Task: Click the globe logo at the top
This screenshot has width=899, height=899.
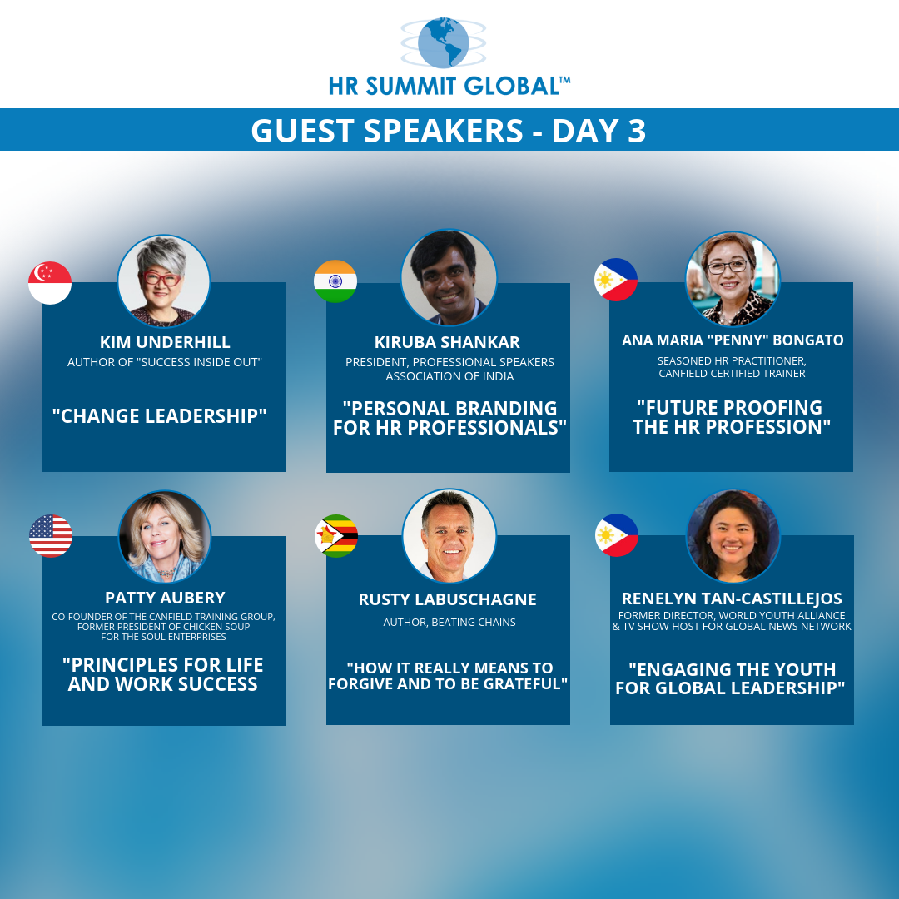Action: coord(443,43)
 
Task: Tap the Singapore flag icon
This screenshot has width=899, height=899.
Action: coord(50,283)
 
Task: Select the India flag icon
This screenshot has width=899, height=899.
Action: coord(335,281)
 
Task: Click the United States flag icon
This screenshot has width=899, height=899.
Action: coord(51,535)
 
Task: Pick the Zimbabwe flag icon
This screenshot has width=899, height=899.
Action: coord(336,535)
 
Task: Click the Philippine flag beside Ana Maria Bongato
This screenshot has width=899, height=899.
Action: coord(616,280)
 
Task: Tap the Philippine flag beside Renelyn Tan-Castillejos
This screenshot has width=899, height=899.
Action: coord(616,535)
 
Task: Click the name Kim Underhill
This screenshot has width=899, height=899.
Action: coord(165,342)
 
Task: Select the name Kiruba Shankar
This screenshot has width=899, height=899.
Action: coord(447,342)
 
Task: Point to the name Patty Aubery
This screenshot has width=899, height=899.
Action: coord(165,598)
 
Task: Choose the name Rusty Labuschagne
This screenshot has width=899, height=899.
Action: coord(448,599)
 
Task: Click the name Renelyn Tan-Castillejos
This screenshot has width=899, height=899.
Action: coord(733,599)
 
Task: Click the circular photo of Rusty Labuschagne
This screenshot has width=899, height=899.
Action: coord(449,535)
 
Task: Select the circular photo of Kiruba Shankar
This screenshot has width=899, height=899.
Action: coord(449,277)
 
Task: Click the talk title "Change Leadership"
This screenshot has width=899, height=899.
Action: coord(159,415)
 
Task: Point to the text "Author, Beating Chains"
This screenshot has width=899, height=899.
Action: coord(449,622)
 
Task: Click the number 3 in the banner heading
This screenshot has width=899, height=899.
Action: coord(637,131)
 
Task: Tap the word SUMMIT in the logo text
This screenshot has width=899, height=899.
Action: coord(410,86)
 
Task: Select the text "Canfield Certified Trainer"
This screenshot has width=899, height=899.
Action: coord(733,373)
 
